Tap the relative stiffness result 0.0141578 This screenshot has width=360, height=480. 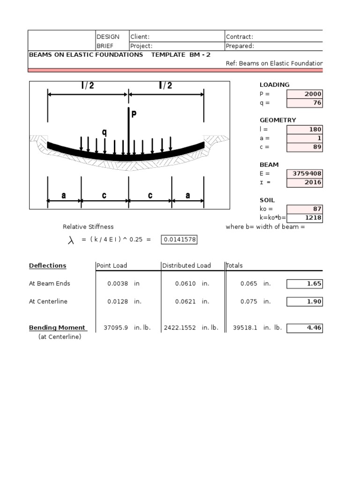[x=180, y=240]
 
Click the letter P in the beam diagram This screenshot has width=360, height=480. [x=134, y=114]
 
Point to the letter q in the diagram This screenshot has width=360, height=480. [x=104, y=132]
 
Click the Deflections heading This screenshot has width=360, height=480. [x=47, y=266]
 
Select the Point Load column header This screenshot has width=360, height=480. [x=112, y=266]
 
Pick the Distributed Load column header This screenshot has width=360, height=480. [x=187, y=266]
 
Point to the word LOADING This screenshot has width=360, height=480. [x=275, y=85]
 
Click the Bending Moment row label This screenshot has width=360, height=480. [x=57, y=328]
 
